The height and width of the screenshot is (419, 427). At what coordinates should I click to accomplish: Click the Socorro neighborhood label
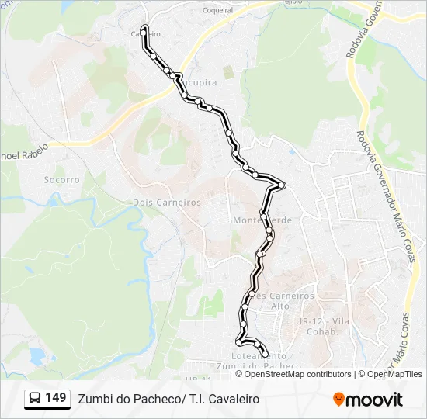(x=62, y=179)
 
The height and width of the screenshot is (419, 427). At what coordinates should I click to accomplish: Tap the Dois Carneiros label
(x=167, y=202)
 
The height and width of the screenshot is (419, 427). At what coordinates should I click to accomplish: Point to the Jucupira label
(x=200, y=81)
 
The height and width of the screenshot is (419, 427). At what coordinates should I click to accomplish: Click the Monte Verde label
(x=262, y=220)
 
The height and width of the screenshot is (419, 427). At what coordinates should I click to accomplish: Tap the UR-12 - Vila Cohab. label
(x=319, y=326)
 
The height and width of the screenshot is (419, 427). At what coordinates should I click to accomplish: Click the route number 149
(x=55, y=398)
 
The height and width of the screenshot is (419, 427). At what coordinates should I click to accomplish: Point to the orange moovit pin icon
(x=339, y=400)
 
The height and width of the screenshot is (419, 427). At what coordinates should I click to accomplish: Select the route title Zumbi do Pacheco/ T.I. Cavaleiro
(x=168, y=399)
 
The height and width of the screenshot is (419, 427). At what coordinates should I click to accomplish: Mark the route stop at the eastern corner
(x=283, y=185)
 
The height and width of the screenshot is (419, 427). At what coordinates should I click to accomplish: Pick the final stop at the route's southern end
(x=266, y=355)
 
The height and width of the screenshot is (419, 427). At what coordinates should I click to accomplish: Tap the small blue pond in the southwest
(x=36, y=355)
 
